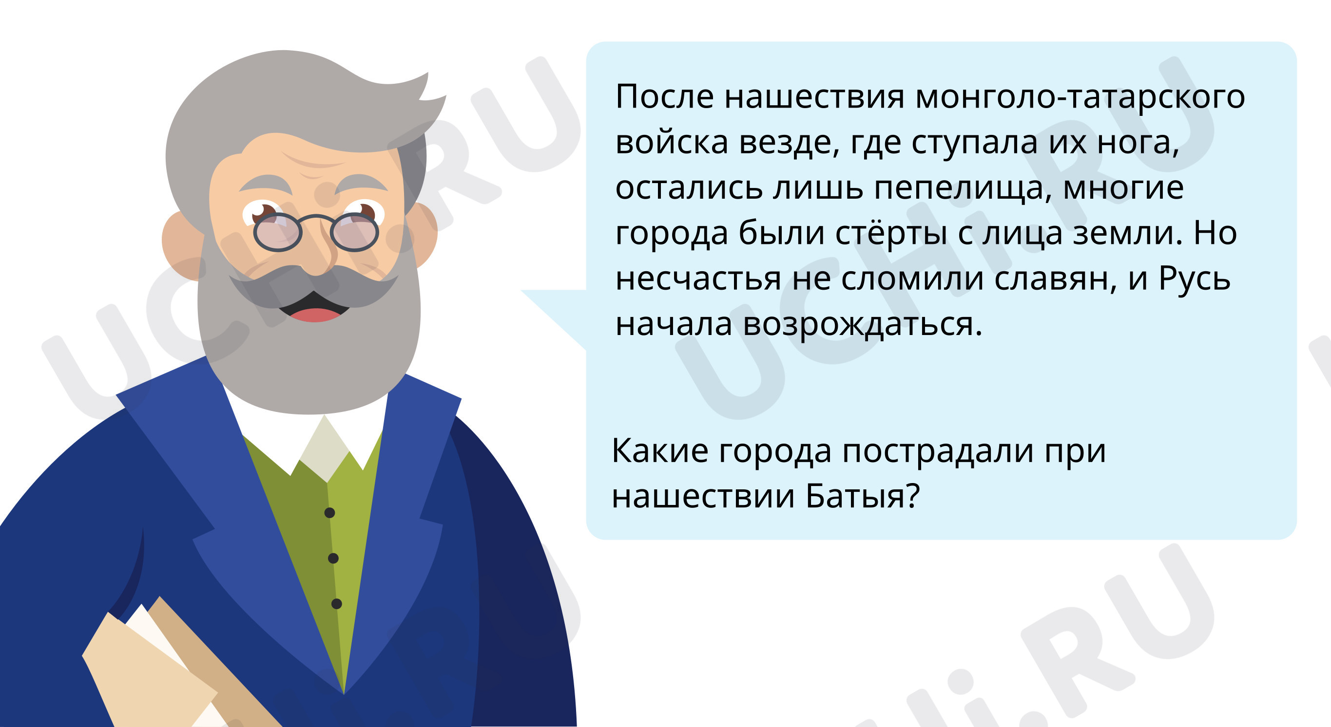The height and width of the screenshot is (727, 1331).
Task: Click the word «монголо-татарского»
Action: pos(1080,96)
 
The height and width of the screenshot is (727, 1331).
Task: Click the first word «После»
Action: pos(664,96)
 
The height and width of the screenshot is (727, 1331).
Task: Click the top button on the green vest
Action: pos(329,513)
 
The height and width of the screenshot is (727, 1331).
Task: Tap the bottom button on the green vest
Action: pos(336,604)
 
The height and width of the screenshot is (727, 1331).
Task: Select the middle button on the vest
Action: pos(333,558)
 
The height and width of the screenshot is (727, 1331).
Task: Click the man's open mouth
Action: pos(314,308)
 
